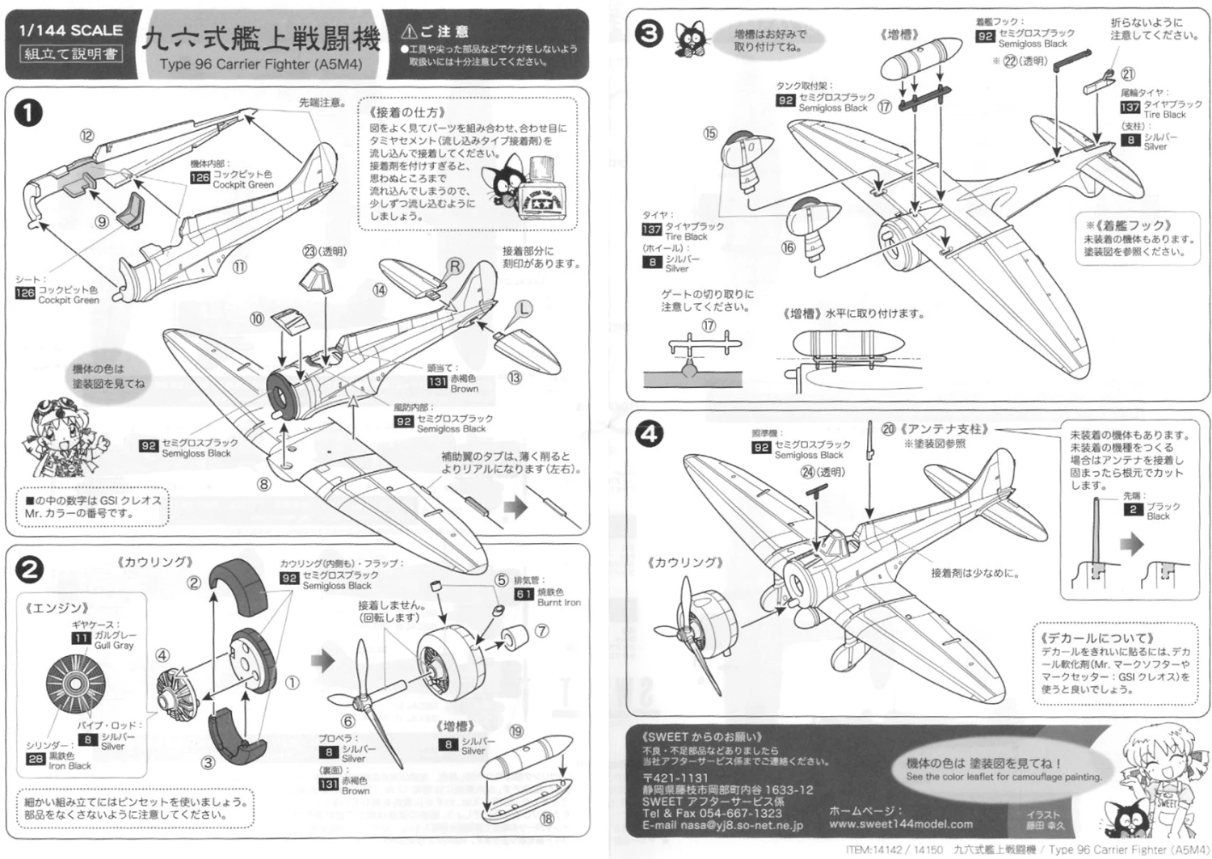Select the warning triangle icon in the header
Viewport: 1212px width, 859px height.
coord(409,32)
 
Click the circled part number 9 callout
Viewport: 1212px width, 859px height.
coord(102,221)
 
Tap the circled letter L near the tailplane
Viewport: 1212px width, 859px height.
coord(524,309)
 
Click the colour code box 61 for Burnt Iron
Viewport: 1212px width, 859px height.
coord(524,594)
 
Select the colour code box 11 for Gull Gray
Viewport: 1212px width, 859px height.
coord(81,638)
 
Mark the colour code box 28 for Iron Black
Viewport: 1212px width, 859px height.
coord(36,759)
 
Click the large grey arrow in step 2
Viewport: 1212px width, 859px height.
coord(323,662)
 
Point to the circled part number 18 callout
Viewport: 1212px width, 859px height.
coord(547,818)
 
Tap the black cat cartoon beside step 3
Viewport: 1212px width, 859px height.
coord(691,40)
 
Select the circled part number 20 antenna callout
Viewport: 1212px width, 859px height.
coord(888,429)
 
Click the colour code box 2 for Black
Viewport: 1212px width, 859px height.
coord(1133,509)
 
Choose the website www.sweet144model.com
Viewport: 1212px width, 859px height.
coord(900,824)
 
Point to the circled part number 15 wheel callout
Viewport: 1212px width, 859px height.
coord(709,133)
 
